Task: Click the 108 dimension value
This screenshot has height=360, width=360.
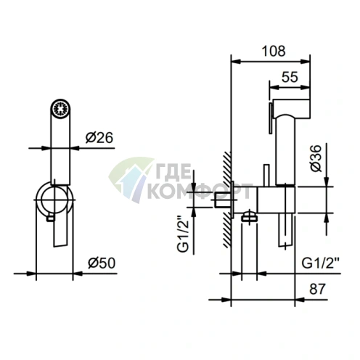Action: (274, 52)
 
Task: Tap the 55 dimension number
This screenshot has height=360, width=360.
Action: (290, 77)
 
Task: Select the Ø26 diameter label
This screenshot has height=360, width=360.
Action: (99, 138)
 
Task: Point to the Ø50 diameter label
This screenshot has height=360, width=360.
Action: (102, 263)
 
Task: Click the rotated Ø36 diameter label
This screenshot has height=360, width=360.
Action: (316, 158)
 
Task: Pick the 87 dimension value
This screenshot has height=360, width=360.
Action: (317, 289)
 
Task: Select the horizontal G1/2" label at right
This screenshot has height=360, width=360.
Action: (321, 263)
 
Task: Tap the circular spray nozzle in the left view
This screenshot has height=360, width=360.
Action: (60, 108)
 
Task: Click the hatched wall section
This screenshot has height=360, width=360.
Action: (227, 199)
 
